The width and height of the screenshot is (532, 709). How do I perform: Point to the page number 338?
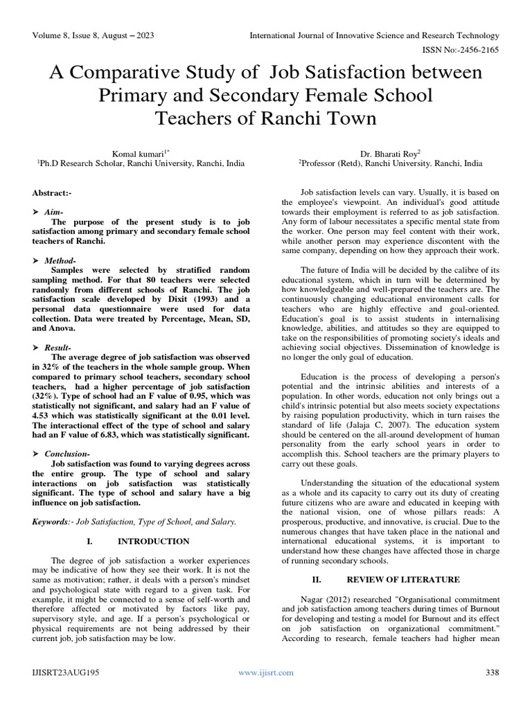(493, 672)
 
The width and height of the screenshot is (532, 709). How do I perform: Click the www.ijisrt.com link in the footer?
(266, 672)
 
